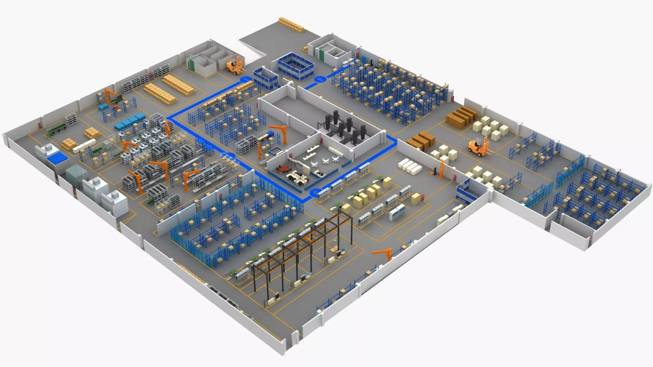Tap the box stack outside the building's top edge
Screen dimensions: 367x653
coord(291,25)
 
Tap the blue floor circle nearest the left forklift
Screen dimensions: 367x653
coord(246,79)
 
